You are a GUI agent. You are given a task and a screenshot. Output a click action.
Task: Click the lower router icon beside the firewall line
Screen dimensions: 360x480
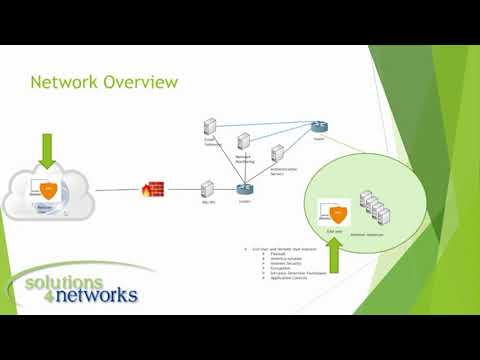pyautogui.click(x=243, y=188)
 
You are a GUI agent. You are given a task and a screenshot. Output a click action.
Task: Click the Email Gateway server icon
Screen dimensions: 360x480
pyautogui.click(x=210, y=127)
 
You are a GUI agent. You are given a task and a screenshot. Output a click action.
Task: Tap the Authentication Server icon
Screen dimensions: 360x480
pyautogui.click(x=277, y=153)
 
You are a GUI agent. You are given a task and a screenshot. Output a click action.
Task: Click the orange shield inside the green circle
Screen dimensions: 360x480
pyautogui.click(x=337, y=211)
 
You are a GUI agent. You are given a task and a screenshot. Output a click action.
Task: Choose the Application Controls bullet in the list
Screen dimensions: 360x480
pyautogui.click(x=281, y=278)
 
